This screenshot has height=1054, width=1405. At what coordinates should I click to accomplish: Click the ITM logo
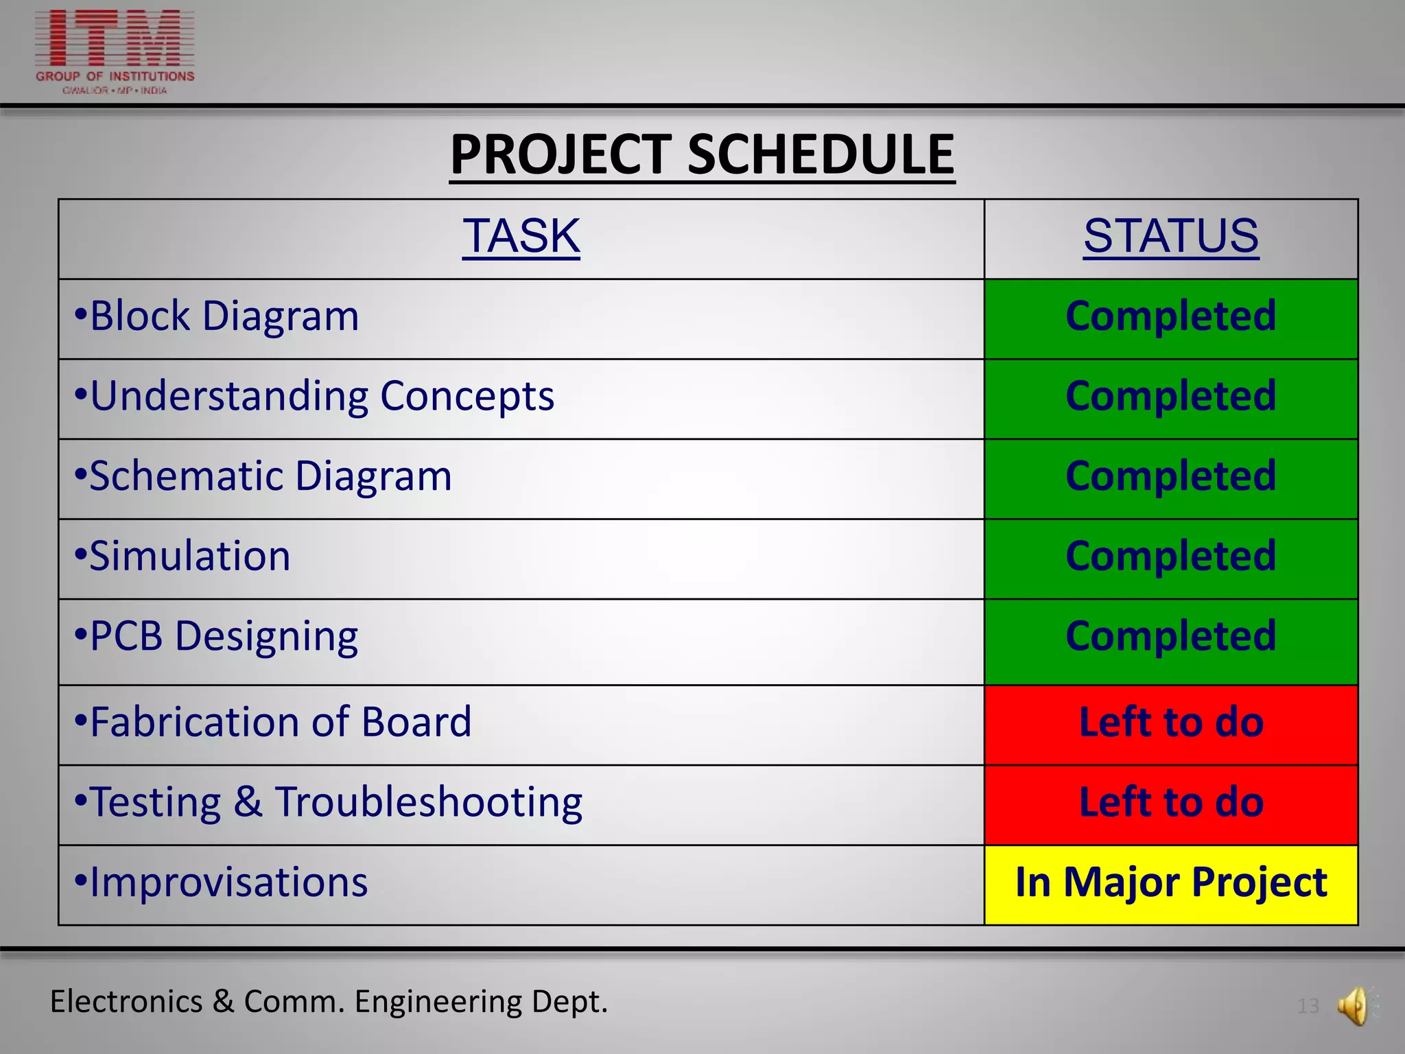pos(115,51)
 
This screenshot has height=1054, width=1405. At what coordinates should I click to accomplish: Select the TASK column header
pos(521,236)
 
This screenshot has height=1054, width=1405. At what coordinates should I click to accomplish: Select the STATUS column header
pos(1170,236)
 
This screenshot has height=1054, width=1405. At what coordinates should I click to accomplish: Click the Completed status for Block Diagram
pos(1170,316)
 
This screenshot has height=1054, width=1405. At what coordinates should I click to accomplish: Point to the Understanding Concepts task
pos(322,397)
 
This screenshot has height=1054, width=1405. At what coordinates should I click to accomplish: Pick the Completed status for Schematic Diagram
pos(1170,476)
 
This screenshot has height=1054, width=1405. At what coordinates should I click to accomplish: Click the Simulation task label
pos(190,557)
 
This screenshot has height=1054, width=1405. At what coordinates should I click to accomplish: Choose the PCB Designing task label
pos(224,637)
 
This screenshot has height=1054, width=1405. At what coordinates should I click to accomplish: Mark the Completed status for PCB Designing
pos(1170,637)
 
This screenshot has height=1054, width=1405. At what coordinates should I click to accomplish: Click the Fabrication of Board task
pos(281,723)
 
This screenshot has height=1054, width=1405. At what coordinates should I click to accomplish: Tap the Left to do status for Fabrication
pos(1170,723)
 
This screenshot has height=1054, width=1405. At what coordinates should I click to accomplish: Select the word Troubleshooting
pos(429,803)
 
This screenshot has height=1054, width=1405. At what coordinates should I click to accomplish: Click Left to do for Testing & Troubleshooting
pos(1170,803)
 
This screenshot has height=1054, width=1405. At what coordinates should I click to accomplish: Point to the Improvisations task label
pos(228,883)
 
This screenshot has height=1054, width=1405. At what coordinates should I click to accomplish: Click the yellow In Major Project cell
pos(1170,883)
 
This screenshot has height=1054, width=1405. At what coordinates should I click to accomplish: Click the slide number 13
pos(1308,1007)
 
